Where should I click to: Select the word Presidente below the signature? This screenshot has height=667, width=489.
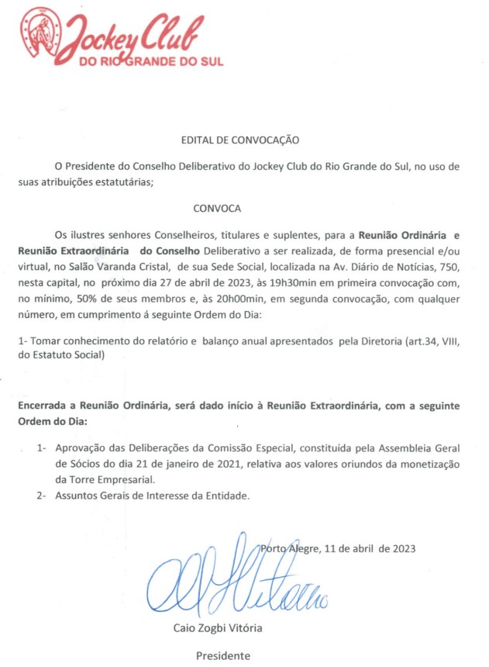tap(222, 655)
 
